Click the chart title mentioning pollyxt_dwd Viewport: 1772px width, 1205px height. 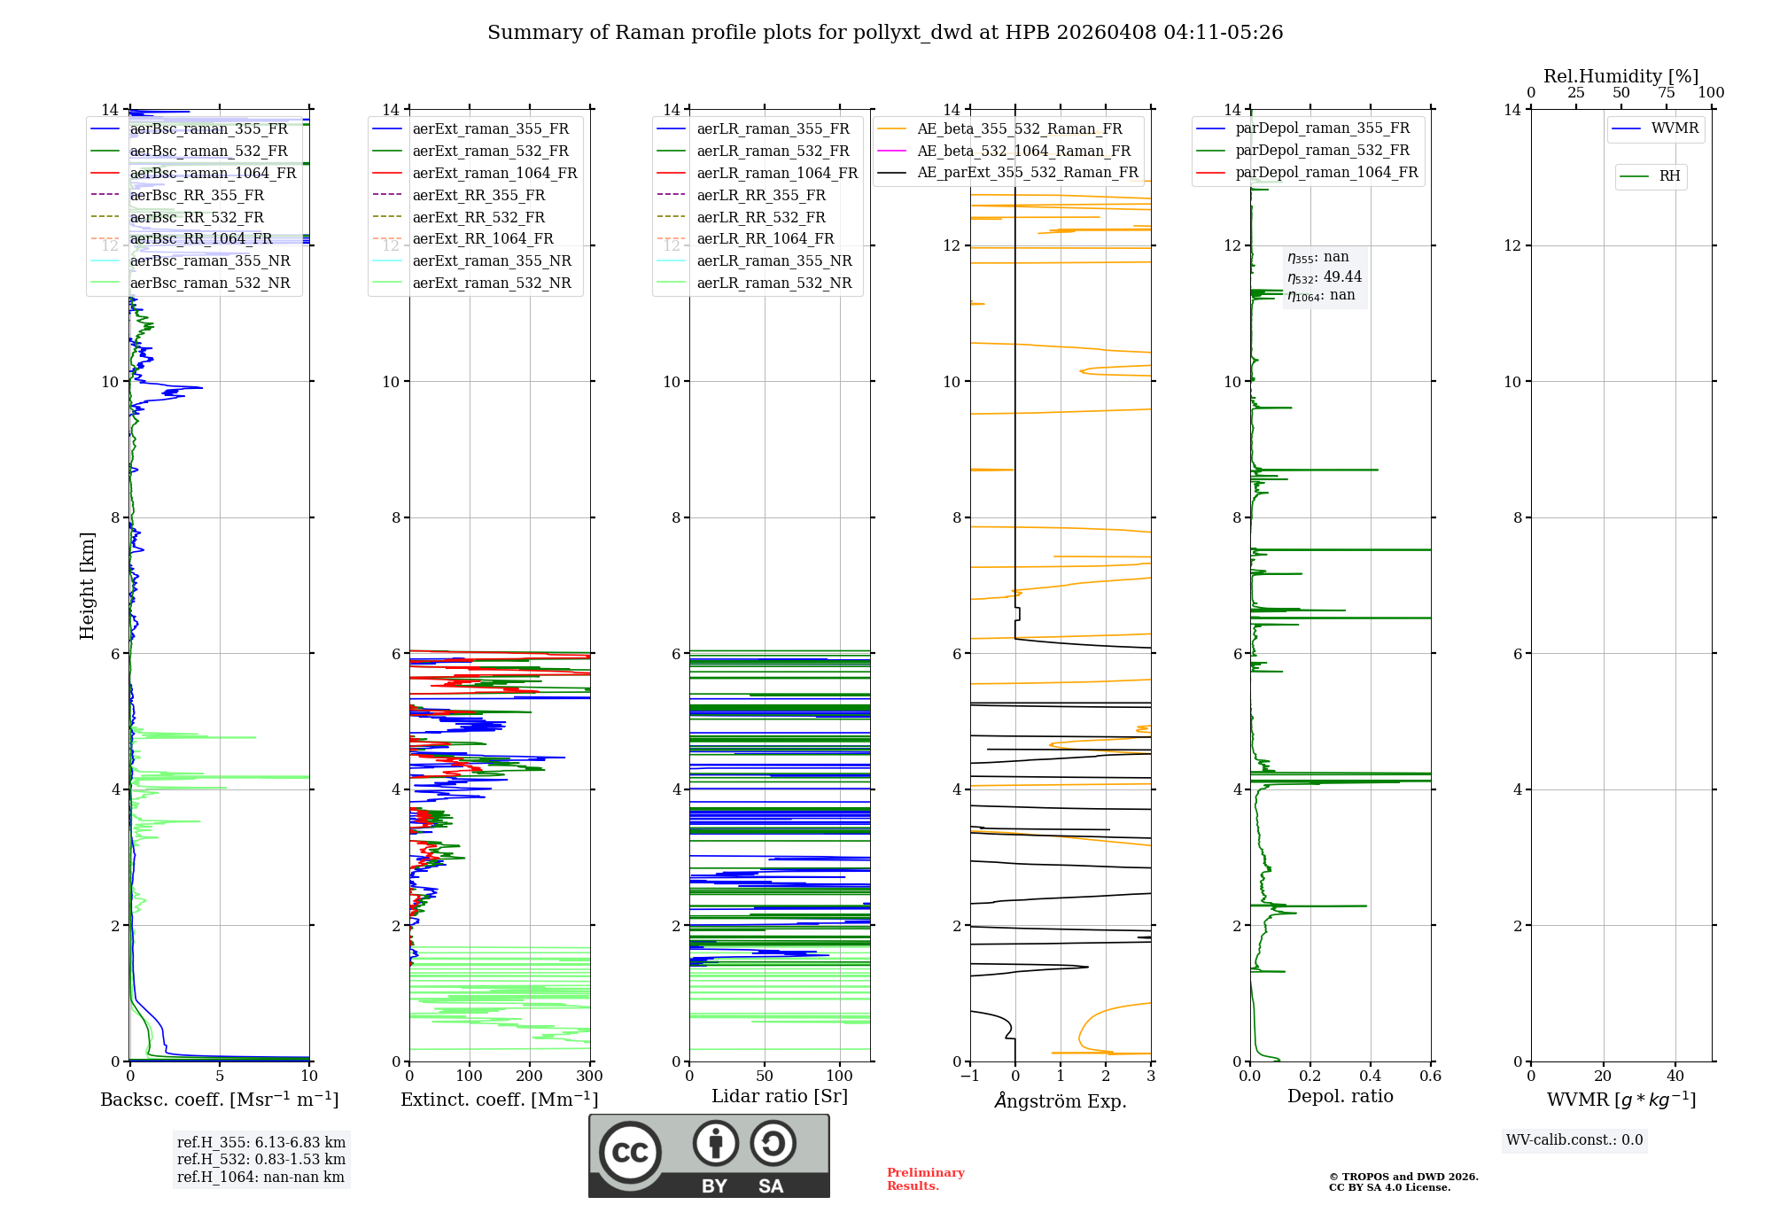[x=885, y=33]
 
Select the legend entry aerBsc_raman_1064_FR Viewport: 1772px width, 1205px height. [x=213, y=173]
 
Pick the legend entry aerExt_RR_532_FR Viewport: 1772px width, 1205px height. [x=478, y=217]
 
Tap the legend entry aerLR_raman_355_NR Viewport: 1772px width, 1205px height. [x=773, y=261]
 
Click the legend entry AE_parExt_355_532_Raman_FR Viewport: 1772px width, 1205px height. [x=1027, y=173]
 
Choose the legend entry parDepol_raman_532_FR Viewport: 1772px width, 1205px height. [x=1322, y=151]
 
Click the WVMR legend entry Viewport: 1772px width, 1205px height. [x=1674, y=128]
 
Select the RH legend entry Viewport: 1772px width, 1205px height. [x=1669, y=176]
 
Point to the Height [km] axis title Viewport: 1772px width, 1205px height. [x=87, y=585]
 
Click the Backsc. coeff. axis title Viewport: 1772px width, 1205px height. [x=219, y=1100]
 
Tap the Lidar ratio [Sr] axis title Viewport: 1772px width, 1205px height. [x=780, y=1096]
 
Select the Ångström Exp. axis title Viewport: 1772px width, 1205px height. [x=1061, y=1100]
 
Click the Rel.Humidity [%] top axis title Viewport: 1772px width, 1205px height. [x=1620, y=76]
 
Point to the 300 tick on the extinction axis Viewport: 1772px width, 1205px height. [x=589, y=1077]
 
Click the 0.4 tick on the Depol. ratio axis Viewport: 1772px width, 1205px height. [x=1371, y=1077]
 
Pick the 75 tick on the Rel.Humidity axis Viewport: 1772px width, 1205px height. [x=1666, y=93]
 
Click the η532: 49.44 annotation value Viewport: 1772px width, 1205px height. [x=1325, y=276]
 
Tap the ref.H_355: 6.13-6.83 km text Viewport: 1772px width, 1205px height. [x=261, y=1142]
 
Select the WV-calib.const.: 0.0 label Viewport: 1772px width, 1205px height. [x=1574, y=1140]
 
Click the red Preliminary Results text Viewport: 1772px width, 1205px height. [x=925, y=1179]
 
